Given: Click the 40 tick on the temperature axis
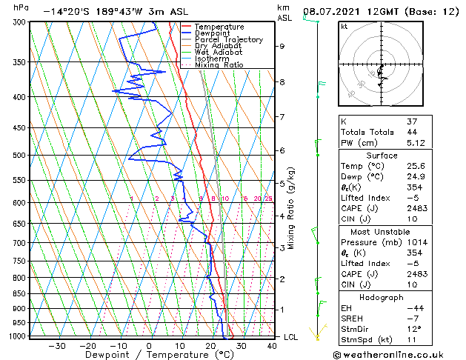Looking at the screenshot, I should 273,346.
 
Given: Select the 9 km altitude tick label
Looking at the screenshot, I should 282,46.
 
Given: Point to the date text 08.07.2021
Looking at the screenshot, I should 333,11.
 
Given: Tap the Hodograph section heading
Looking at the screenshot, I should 382,297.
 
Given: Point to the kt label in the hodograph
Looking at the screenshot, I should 344,27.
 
